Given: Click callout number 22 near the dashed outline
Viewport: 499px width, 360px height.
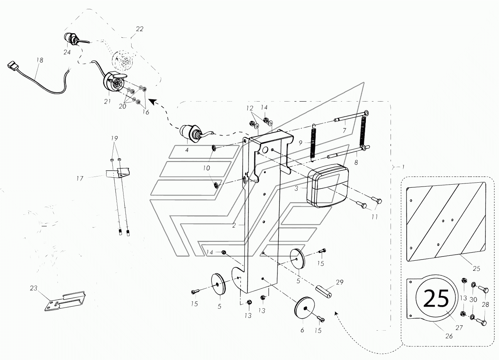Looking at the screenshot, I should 139,29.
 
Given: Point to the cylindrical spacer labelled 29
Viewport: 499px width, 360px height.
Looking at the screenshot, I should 325,290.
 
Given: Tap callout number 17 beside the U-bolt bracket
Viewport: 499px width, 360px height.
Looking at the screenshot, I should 80,178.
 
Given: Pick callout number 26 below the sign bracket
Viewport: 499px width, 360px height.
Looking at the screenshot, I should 449,336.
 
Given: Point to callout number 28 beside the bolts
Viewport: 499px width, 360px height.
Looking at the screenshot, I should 485,304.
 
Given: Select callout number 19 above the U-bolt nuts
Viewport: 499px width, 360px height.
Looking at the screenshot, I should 114,138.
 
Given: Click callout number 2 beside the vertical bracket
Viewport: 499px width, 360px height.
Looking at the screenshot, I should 234,225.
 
